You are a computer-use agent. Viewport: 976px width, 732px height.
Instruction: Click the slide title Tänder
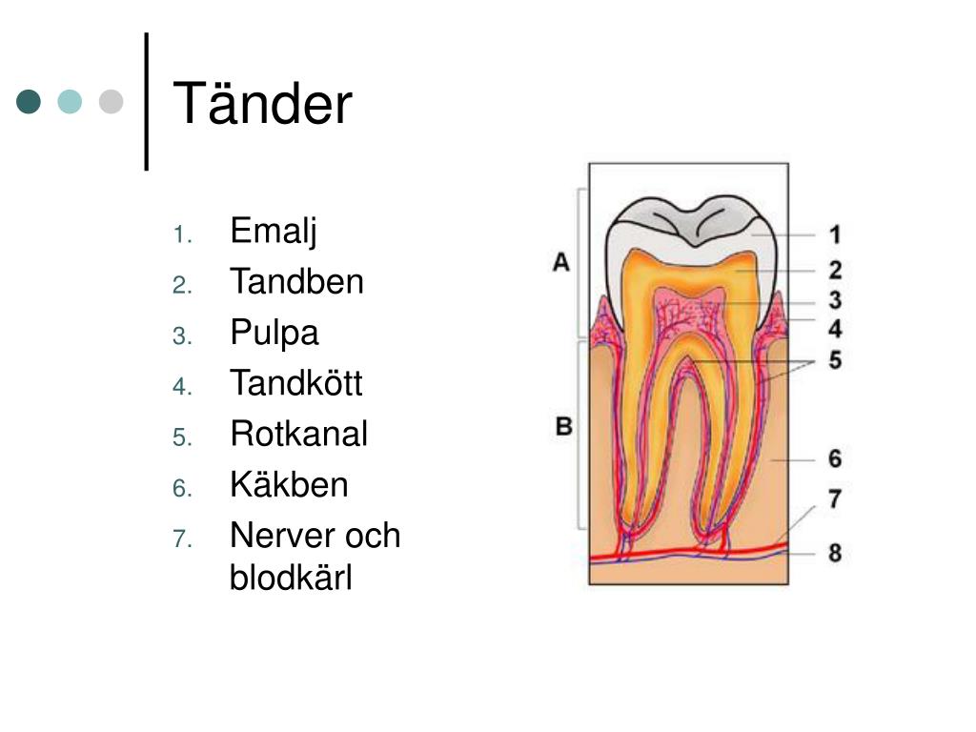tap(262, 104)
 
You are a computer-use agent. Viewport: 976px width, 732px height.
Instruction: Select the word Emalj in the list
tap(273, 232)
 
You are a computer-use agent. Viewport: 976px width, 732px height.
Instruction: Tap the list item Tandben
tap(296, 282)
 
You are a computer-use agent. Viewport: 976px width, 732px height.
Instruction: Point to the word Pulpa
tap(274, 334)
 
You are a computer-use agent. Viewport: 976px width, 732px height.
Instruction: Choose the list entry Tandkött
tap(296, 384)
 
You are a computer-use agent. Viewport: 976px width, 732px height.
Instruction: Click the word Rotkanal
tap(298, 435)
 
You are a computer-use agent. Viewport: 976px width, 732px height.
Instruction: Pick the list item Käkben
tap(289, 485)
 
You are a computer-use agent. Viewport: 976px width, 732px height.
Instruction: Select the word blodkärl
tap(291, 579)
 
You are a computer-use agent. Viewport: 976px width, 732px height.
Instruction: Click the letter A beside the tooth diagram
tap(561, 262)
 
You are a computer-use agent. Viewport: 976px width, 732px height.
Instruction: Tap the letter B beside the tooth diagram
tap(563, 426)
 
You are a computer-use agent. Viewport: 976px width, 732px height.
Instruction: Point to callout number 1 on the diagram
tap(834, 234)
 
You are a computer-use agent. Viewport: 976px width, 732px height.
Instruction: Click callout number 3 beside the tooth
tap(834, 301)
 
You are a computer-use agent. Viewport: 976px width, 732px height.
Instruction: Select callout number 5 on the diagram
tap(834, 362)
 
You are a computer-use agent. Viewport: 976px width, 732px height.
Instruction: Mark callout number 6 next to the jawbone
tap(834, 459)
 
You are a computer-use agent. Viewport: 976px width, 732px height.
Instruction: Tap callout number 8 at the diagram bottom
tap(834, 553)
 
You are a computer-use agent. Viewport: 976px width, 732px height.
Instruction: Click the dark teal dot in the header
tap(30, 102)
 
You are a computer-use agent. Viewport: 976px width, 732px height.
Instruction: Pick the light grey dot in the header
tap(112, 102)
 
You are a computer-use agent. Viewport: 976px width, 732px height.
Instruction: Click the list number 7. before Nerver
tap(183, 539)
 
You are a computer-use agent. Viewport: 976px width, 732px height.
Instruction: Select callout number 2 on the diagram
tap(834, 270)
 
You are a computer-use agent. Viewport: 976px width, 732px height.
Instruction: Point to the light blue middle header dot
tap(71, 102)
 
